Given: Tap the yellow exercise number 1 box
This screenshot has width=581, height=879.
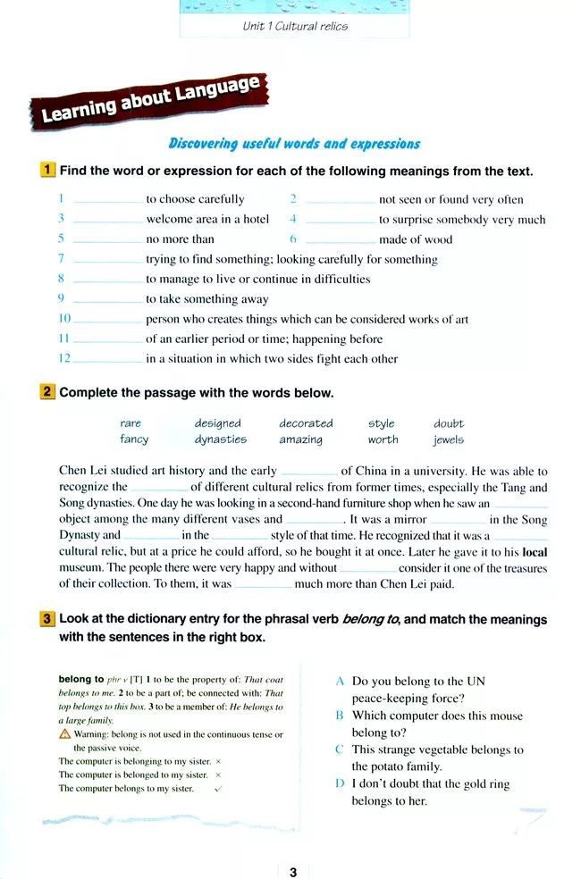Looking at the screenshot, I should (x=48, y=170).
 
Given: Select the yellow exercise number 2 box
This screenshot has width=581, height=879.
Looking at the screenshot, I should (x=48, y=392).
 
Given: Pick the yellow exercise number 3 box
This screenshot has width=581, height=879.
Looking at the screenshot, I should (x=48, y=618).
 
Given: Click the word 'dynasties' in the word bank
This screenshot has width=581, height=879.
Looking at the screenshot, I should (x=221, y=439).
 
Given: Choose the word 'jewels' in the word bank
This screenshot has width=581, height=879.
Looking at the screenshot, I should (x=449, y=439).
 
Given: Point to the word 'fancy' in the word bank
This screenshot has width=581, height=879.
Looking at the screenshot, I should (x=134, y=439).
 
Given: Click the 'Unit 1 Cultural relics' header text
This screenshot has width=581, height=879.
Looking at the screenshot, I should (x=295, y=26).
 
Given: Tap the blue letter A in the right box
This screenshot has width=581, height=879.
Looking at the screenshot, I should (x=340, y=681).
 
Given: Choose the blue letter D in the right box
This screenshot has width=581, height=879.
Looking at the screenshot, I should (x=340, y=784).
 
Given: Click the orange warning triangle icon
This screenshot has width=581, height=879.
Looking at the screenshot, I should (x=64, y=734).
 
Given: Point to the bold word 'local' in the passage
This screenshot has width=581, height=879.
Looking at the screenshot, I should (x=535, y=552).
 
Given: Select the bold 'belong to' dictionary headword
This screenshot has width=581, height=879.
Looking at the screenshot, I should (x=81, y=679).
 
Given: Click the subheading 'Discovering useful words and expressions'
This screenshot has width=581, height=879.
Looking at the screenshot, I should (x=294, y=143).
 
